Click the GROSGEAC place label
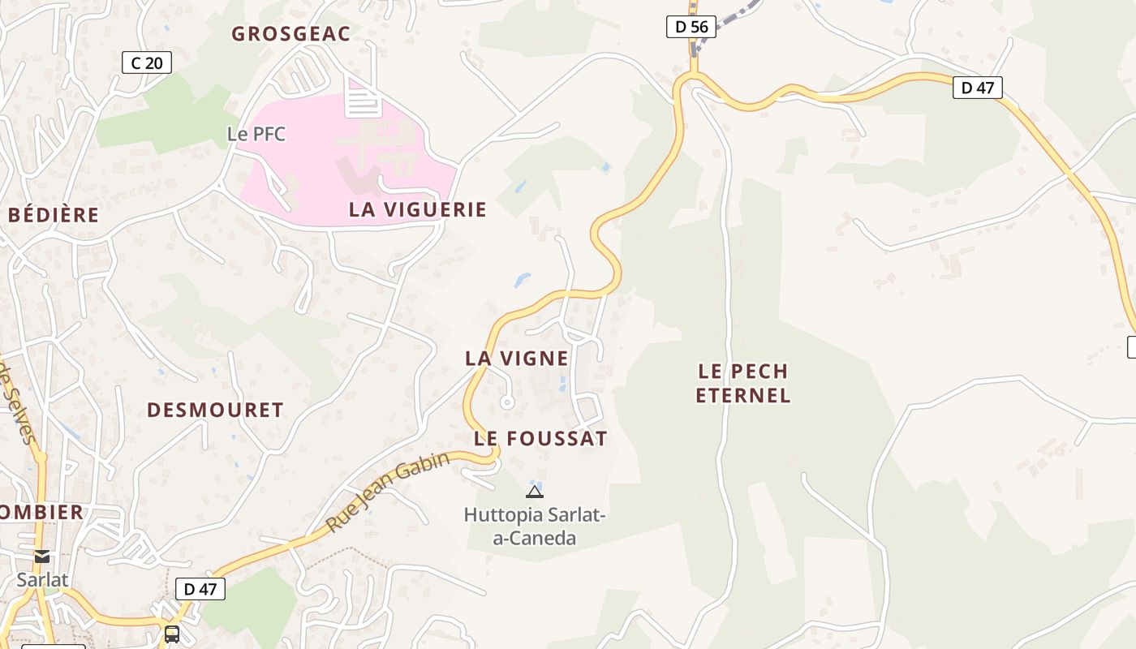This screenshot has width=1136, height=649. click(290, 34)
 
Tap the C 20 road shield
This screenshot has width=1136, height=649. click(147, 62)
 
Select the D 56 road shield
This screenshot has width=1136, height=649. click(691, 27)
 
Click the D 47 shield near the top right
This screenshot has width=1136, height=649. click(977, 88)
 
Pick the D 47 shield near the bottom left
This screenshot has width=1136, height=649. click(200, 589)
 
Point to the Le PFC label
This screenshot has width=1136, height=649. click(256, 134)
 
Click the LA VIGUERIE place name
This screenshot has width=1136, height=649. click(418, 209)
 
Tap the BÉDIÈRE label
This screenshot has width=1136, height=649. click(54, 215)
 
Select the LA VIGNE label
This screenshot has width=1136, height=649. click(517, 358)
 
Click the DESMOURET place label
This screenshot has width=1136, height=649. click(215, 410)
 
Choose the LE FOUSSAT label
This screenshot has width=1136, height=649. click(540, 439)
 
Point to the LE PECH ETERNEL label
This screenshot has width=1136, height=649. click(743, 383)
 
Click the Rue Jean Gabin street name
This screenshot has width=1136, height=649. click(388, 492)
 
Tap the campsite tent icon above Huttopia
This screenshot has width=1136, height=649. click(534, 491)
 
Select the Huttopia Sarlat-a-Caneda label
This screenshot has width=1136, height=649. click(535, 526)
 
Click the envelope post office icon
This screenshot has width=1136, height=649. click(42, 557)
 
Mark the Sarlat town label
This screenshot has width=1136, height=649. click(42, 580)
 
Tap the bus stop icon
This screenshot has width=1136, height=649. click(172, 634)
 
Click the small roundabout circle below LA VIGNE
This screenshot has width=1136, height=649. click(507, 402)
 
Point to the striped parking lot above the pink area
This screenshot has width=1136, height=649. click(363, 101)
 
